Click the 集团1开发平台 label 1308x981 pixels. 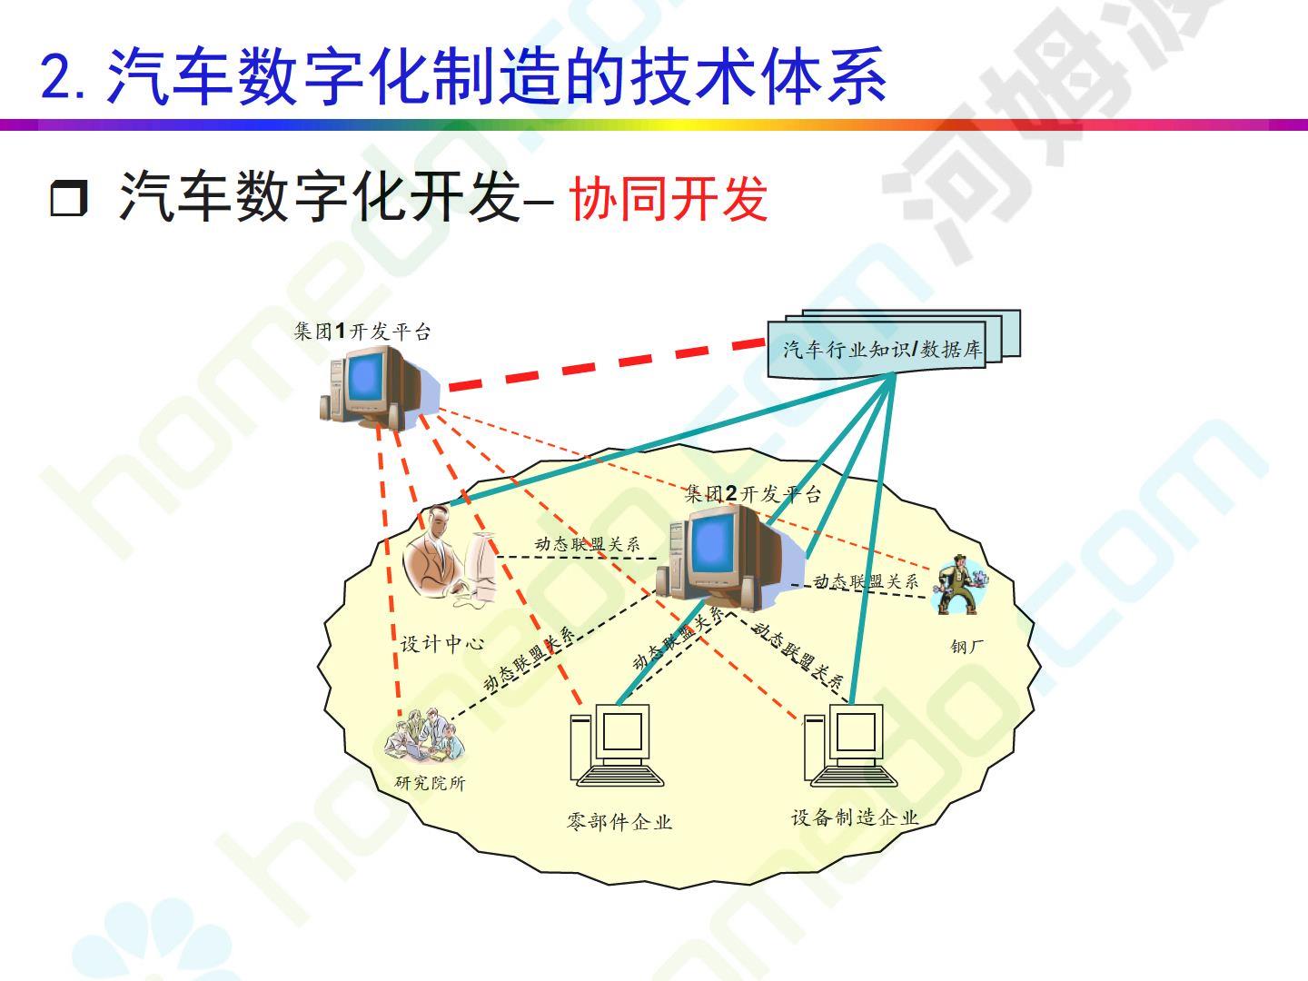point(362,332)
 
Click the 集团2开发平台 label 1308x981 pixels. point(753,494)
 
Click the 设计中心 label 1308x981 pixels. point(441,643)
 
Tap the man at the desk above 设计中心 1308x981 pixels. point(450,556)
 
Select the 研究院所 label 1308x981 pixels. point(430,783)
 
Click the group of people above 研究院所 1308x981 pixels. point(424,736)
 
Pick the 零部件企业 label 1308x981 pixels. point(619,822)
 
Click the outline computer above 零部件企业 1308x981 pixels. point(618,745)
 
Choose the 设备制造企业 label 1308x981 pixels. point(855,817)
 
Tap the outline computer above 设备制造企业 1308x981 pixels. point(851,745)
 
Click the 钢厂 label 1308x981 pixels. point(967,646)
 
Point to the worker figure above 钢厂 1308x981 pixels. point(960,584)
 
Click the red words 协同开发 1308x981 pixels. point(668,199)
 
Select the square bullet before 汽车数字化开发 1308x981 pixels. point(68,198)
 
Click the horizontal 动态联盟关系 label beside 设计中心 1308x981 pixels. point(588,544)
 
